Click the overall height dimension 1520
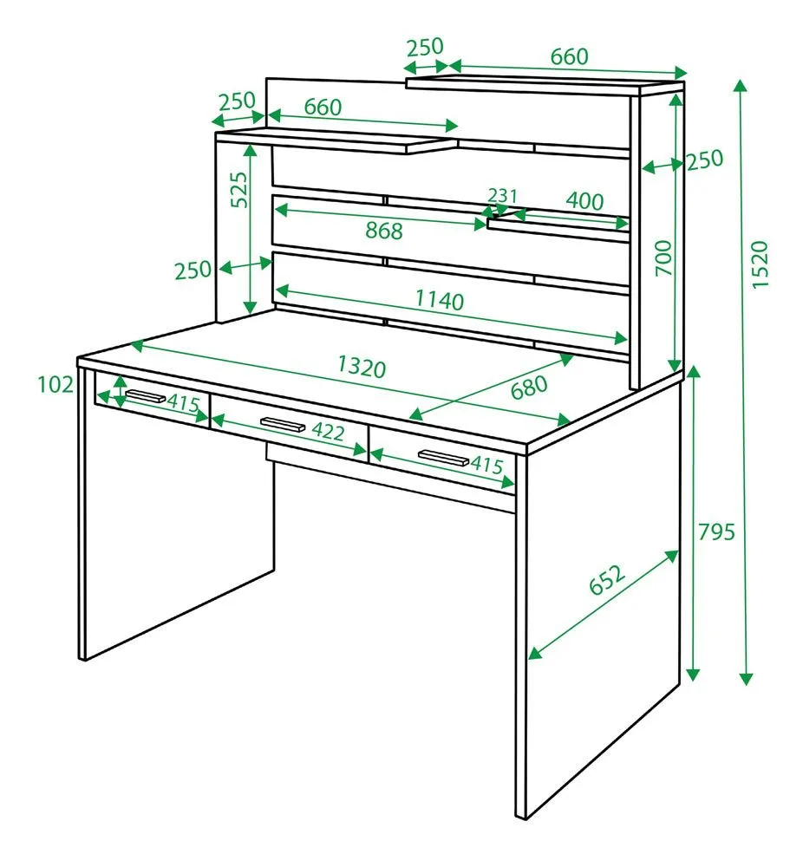[760, 264]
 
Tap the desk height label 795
[716, 532]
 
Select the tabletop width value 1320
[362, 367]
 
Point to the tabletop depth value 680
[529, 387]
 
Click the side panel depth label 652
[607, 579]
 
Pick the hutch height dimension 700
[663, 258]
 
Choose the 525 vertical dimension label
[239, 190]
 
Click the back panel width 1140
[440, 300]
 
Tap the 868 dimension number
[384, 231]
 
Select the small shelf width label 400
[584, 201]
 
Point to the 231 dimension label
[502, 196]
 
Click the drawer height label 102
[55, 384]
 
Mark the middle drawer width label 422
[328, 431]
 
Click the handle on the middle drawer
[283, 424]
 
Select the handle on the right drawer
[443, 457]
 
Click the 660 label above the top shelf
[570, 56]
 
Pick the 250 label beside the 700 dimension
[704, 160]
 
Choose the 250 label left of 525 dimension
[193, 271]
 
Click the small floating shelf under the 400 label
[558, 231]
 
